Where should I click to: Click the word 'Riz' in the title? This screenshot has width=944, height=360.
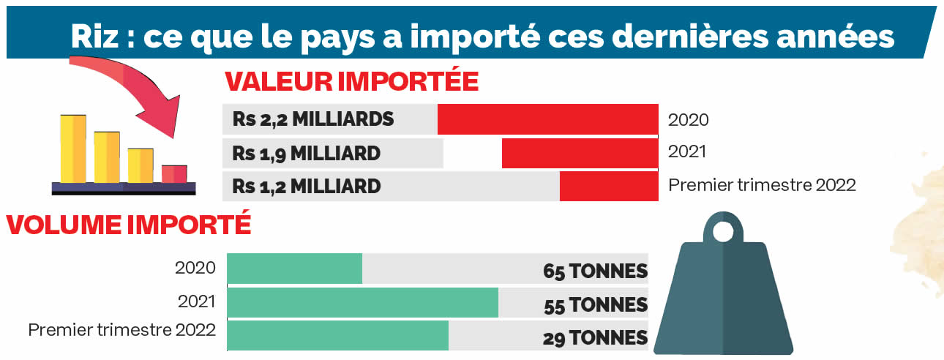tap(94, 37)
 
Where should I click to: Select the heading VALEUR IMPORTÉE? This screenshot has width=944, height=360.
tap(351, 81)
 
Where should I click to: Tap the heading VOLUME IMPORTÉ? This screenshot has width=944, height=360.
tap(129, 224)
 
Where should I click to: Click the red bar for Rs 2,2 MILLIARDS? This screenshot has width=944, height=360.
tap(547, 119)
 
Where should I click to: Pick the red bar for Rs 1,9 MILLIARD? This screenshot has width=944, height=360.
tap(580, 153)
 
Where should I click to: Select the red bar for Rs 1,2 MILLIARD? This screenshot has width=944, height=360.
tap(609, 186)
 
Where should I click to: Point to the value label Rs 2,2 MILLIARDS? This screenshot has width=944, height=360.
tap(313, 119)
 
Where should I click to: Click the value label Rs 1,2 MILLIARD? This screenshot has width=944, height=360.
tap(307, 186)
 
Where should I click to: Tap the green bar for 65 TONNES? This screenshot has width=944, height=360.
tap(295, 269)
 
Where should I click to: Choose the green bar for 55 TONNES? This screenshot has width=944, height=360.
tap(363, 302)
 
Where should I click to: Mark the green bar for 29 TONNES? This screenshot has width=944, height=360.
tap(338, 335)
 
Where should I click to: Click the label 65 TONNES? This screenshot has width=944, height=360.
tap(595, 271)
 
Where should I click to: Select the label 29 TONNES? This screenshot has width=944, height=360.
tap(595, 338)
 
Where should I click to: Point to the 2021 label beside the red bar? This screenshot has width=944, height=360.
tap(687, 151)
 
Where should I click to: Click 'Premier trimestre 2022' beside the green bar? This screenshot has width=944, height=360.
tap(122, 330)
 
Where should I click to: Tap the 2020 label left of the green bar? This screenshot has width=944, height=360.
tap(195, 268)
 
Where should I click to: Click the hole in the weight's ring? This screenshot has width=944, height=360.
tap(723, 233)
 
